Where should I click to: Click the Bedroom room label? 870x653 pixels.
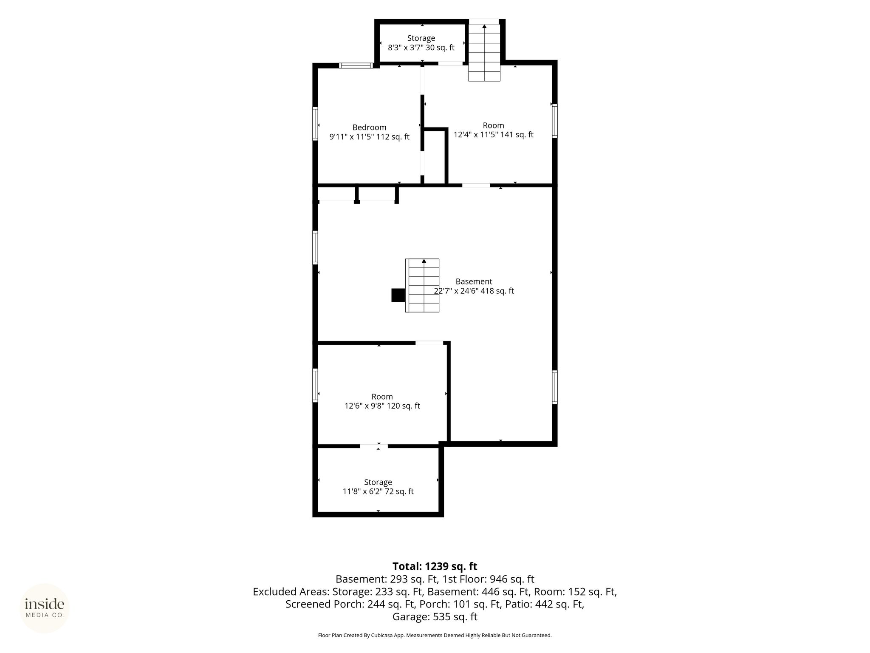369,128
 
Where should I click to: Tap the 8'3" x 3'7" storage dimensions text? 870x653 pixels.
421,48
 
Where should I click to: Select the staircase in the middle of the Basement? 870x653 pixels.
422,286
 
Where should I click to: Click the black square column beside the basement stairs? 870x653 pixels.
398,295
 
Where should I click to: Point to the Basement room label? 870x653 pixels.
474,281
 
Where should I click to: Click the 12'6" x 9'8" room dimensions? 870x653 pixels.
382,406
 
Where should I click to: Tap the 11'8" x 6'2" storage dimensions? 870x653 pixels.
378,491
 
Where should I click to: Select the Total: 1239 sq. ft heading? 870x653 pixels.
435,566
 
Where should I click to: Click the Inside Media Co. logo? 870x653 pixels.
45,608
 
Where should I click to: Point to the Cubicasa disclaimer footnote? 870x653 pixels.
435,635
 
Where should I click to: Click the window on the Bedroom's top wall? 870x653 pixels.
356,65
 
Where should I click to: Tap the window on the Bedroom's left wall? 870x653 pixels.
315,124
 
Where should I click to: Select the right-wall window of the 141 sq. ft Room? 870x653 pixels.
555,121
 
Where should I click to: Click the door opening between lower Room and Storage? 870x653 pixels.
374,446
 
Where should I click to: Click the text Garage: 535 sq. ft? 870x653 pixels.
435,617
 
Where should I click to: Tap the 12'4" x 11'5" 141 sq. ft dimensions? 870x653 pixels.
493,135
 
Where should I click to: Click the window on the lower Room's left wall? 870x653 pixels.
315,385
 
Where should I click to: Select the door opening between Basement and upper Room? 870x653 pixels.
476,185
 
